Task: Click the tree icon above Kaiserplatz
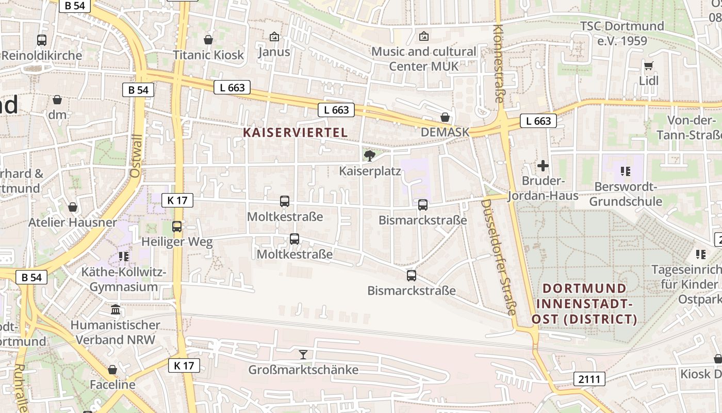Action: point(369,155)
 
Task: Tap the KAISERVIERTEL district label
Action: point(295,132)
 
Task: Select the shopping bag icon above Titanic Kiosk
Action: point(208,40)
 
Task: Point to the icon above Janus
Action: point(274,37)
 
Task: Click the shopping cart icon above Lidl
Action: point(649,66)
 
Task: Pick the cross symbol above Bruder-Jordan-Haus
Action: point(543,166)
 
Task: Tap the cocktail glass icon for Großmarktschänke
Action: point(303,354)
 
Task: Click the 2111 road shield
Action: point(589,379)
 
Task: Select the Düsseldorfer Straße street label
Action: point(498,257)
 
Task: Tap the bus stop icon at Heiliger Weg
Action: point(177,226)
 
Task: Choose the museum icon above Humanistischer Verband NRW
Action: point(116,310)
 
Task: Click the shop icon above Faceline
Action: point(112,370)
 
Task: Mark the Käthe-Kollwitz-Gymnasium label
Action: point(124,279)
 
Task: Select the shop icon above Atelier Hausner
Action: point(73,207)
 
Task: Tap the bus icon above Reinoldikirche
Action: point(42,40)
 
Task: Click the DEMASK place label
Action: point(445,132)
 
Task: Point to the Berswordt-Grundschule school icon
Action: point(626,171)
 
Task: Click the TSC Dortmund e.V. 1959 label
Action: point(622,33)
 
